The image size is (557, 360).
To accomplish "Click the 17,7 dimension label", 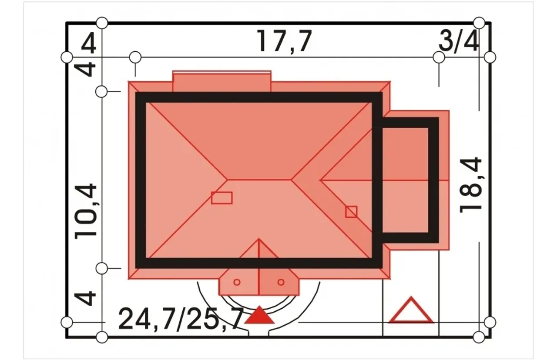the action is (284, 41).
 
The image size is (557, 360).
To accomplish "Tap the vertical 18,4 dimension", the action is (470, 185).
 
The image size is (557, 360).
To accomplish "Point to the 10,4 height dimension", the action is (86, 212).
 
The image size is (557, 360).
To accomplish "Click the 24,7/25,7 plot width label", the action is (181, 319).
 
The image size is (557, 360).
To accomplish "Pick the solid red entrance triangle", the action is (259, 315).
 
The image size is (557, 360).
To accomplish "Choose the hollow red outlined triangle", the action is (411, 310).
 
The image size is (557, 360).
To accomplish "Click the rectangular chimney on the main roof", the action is (222, 198).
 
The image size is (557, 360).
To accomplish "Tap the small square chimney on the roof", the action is (351, 212).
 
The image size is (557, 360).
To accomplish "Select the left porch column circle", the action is (237, 282).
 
